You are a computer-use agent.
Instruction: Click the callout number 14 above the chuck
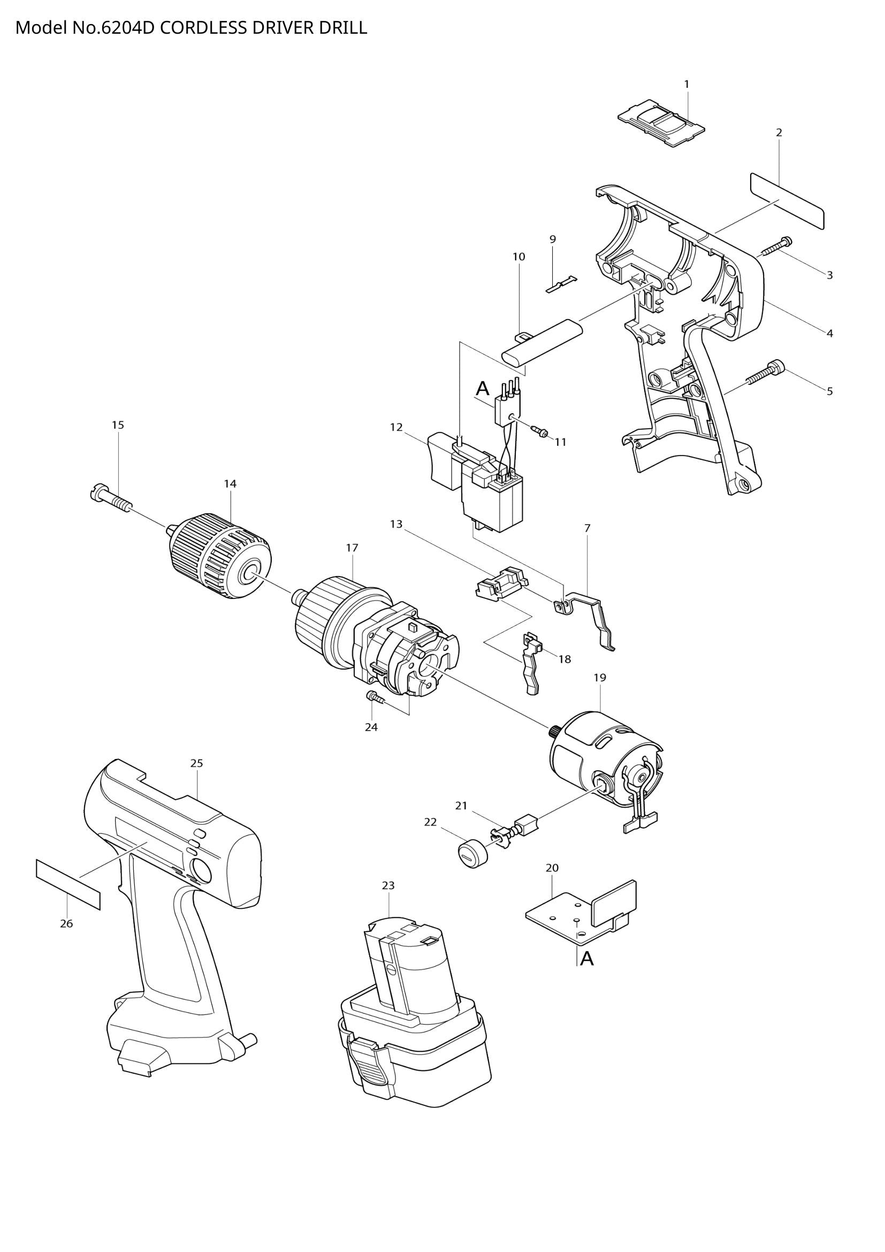(230, 483)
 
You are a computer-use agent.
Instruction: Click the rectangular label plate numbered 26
(68, 883)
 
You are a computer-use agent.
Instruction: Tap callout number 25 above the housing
(197, 763)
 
